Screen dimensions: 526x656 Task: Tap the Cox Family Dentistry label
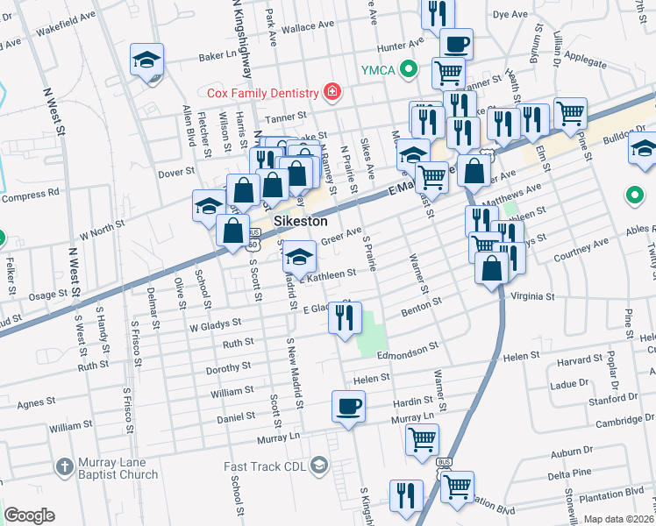tap(262, 92)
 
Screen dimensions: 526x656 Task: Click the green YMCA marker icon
tap(407, 69)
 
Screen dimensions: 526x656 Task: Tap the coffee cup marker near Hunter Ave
tap(454, 43)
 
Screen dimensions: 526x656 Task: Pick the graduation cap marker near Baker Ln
tap(147, 60)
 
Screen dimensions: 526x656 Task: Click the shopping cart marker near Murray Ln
tap(422, 438)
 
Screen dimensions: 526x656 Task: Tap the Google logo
tap(29, 515)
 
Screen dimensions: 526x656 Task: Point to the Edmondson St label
tap(408, 349)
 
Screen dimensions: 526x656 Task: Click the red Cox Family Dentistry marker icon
tap(332, 91)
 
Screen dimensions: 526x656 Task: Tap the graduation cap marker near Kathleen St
tap(298, 258)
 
